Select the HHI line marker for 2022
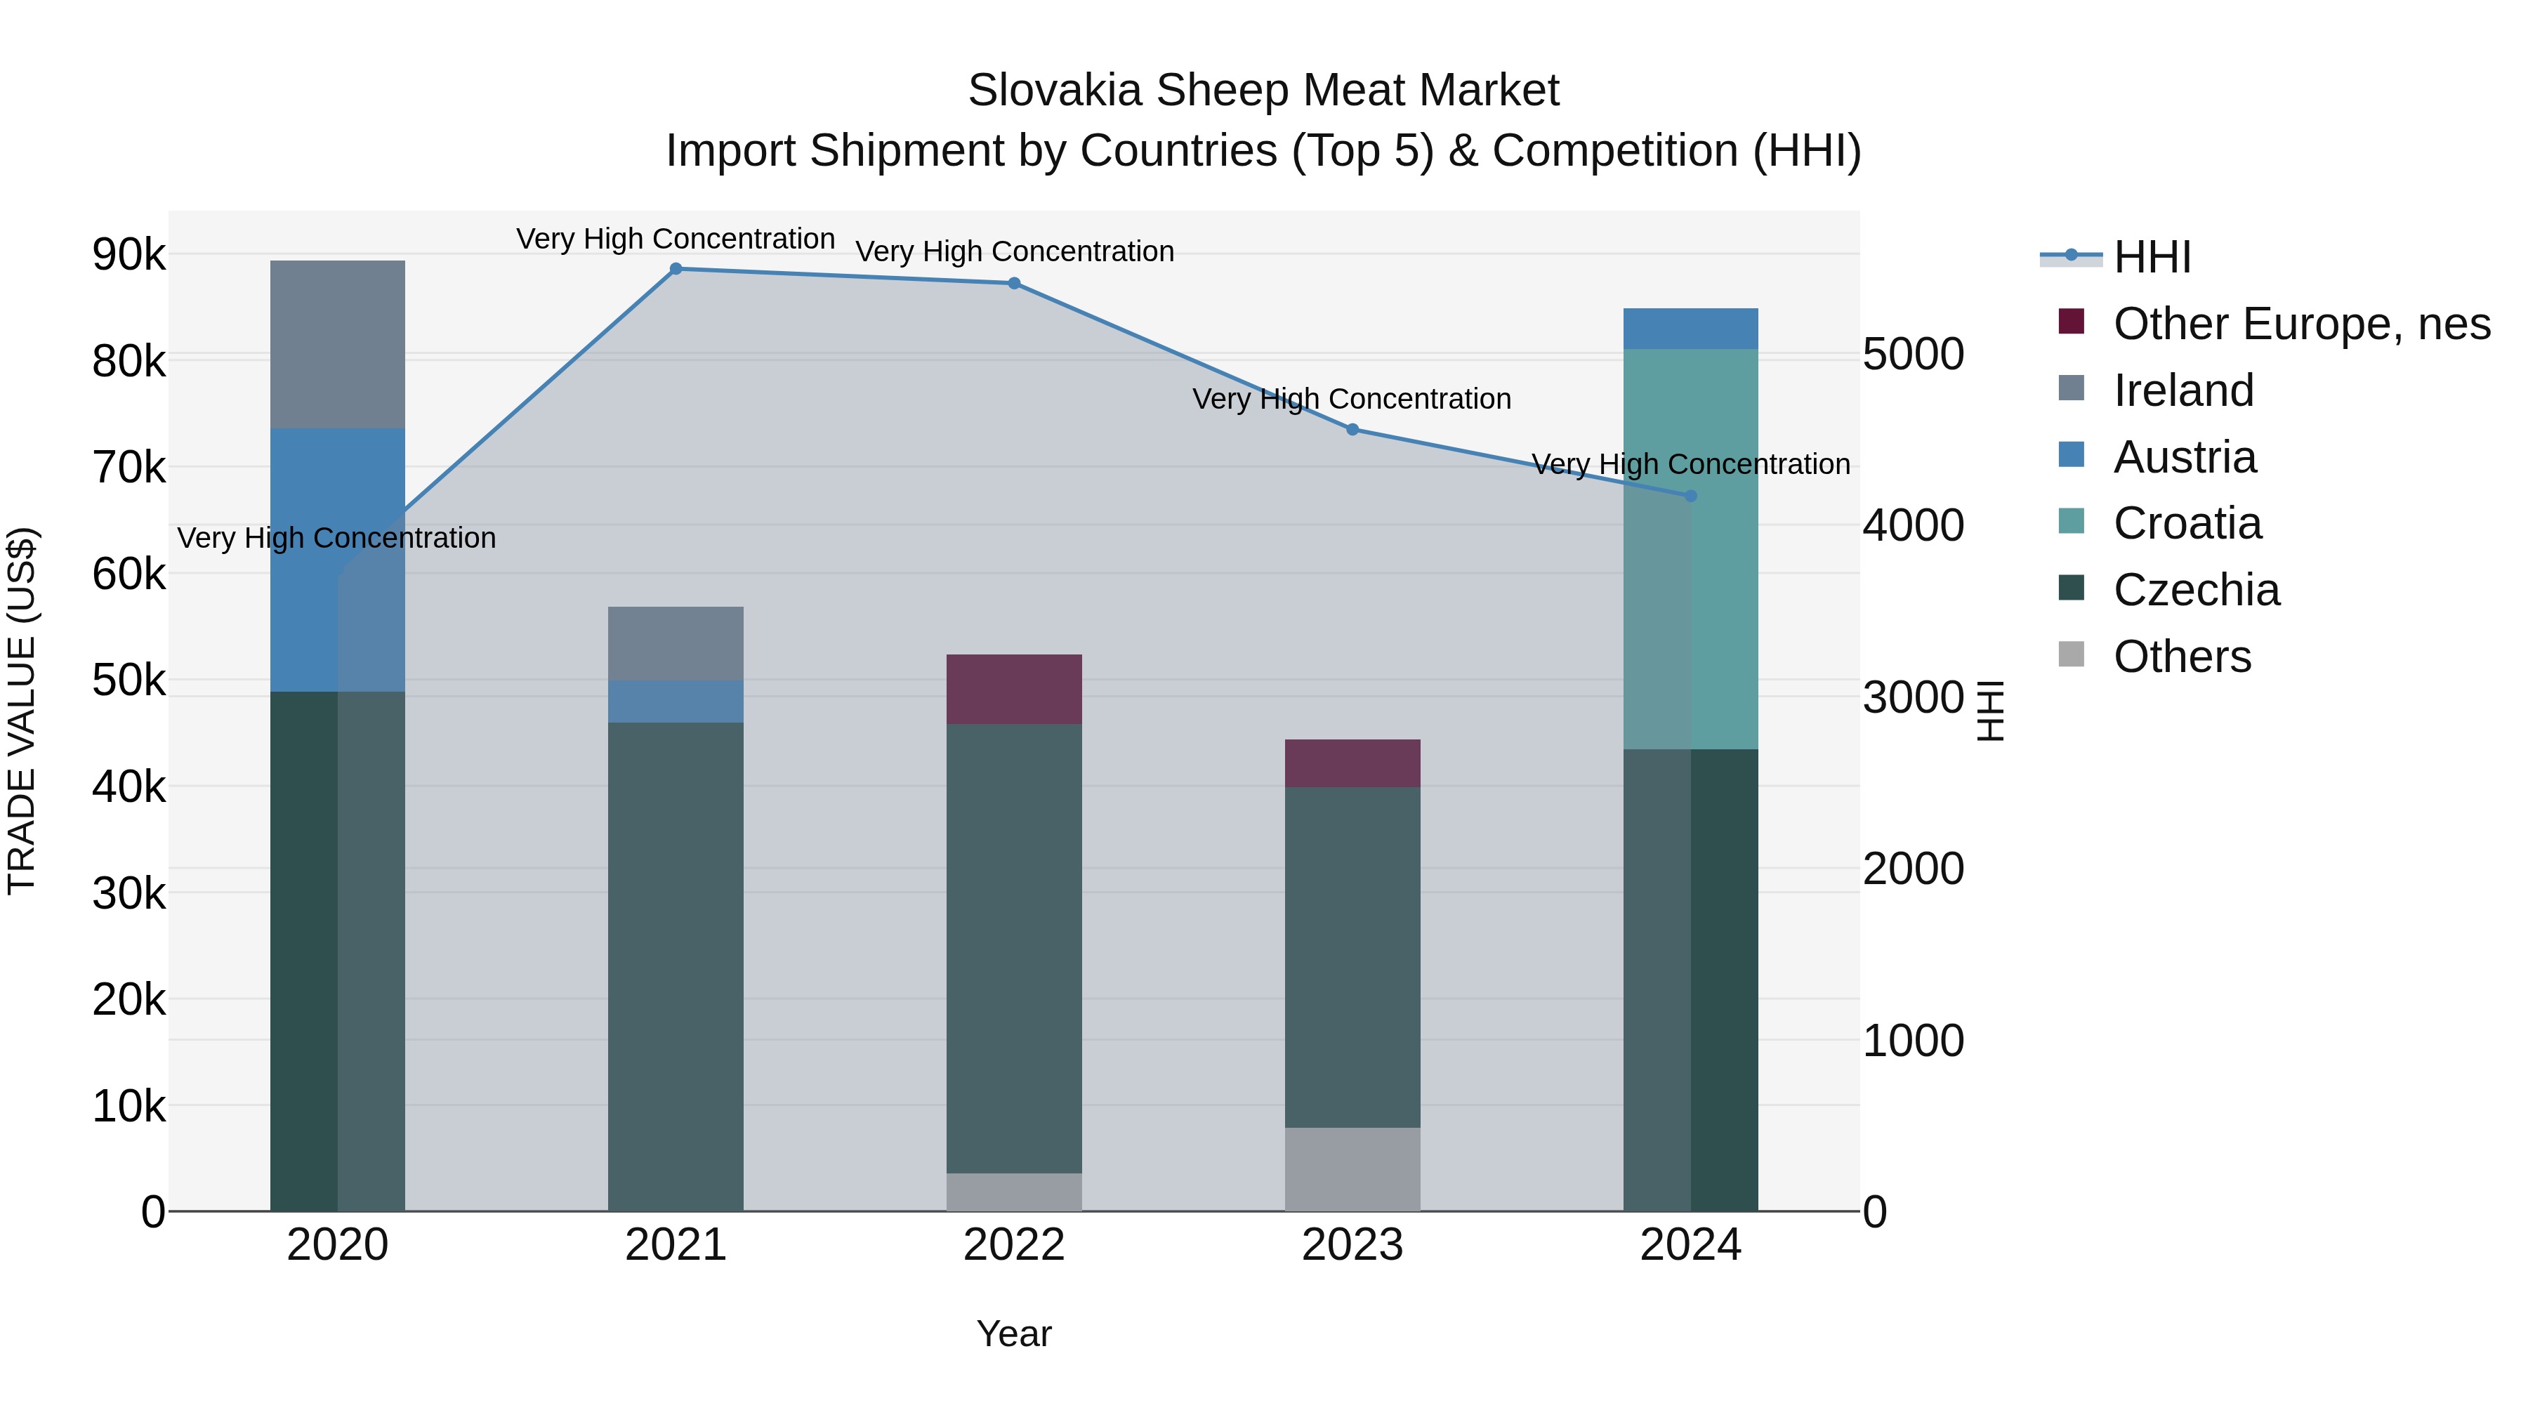(x=1014, y=284)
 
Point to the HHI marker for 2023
(x=1352, y=429)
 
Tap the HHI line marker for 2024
(x=1690, y=496)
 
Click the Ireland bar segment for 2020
(x=338, y=343)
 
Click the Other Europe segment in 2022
(x=1014, y=689)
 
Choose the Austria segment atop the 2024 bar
(x=1690, y=329)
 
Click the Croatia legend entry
(x=2187, y=523)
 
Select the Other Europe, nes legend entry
(x=2301, y=324)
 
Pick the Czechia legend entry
(x=2195, y=590)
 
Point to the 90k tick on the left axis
(x=129, y=255)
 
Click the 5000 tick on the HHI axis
(x=1914, y=355)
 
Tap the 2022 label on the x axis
(x=1014, y=1245)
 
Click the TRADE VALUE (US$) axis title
(x=22, y=711)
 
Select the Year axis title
(x=1014, y=1334)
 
